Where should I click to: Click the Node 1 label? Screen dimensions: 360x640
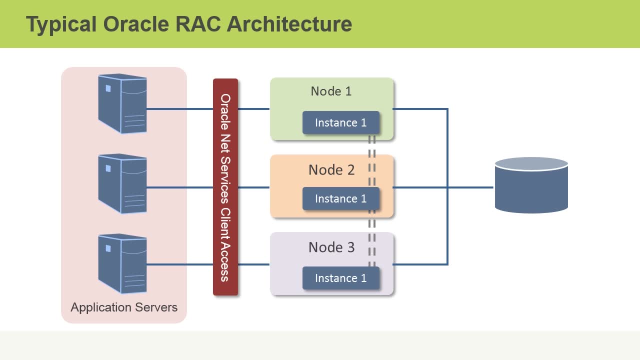[331, 91]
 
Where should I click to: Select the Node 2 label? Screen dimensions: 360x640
[331, 170]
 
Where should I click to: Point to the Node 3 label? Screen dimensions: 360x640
[331, 247]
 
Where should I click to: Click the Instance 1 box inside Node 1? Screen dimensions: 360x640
[340, 122]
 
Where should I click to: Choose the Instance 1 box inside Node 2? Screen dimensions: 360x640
[340, 198]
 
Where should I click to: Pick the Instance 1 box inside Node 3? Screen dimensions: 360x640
[340, 278]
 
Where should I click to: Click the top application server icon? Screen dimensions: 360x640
[122, 103]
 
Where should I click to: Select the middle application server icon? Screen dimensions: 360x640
[122, 183]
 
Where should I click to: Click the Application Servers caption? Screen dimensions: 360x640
[124, 307]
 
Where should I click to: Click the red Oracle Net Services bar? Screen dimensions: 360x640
[225, 187]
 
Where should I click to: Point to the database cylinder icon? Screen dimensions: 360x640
[531, 185]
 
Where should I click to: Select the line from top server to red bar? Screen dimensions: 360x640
[180, 108]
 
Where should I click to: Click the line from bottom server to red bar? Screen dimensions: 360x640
[180, 264]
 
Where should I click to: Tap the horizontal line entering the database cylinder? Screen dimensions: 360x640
[470, 187]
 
